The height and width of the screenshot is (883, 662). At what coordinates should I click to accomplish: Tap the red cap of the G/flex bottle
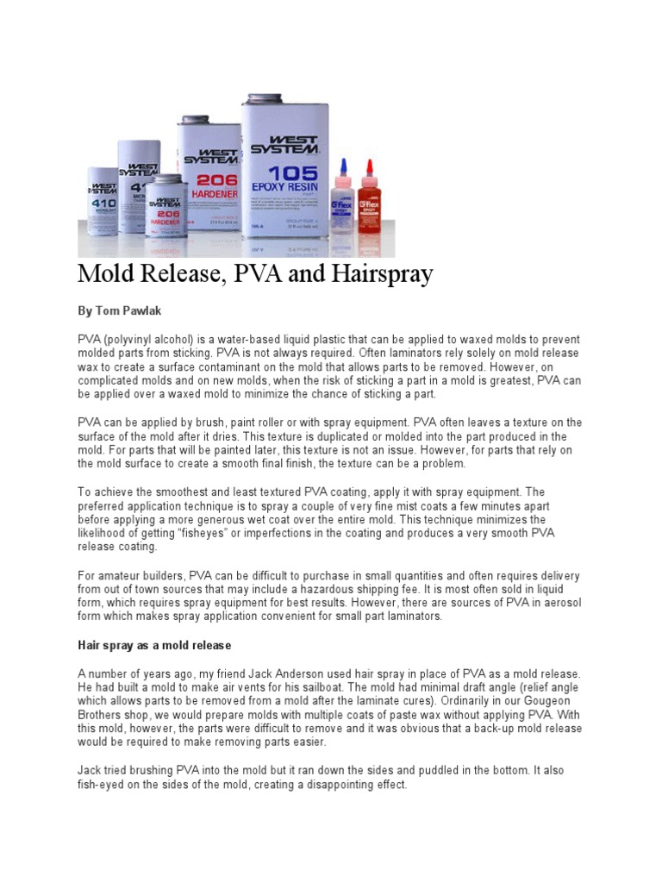(369, 166)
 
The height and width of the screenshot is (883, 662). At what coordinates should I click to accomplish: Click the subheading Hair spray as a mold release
(155, 645)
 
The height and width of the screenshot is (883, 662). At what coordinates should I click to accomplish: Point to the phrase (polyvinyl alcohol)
(152, 340)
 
